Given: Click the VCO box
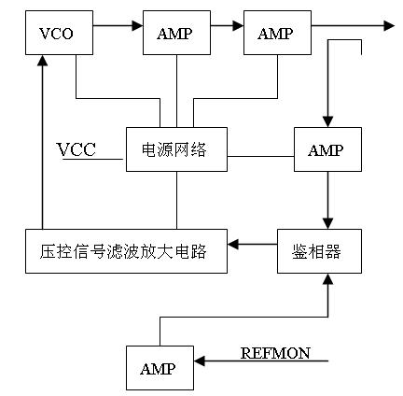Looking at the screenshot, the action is click(x=59, y=33).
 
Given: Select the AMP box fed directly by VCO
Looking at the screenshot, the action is click(x=176, y=33).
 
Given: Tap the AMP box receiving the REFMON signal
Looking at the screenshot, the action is click(x=160, y=368).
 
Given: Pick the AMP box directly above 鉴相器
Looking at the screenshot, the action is click(x=327, y=149).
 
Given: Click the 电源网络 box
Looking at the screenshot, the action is click(x=176, y=149).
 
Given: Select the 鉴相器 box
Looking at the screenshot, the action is click(x=319, y=251).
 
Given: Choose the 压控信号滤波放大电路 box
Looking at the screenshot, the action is click(x=126, y=251).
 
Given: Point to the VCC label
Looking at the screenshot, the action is click(x=76, y=149).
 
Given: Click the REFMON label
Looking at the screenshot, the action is click(x=275, y=353).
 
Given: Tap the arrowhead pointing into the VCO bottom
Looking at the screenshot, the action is click(x=42, y=60).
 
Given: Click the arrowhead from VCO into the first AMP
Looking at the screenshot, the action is click(x=137, y=25).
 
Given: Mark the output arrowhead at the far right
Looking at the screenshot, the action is click(x=389, y=25).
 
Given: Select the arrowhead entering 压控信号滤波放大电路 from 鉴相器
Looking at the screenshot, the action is click(x=233, y=244).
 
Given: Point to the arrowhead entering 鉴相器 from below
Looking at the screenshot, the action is click(x=327, y=279).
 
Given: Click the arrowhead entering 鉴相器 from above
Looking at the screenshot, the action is click(x=327, y=224).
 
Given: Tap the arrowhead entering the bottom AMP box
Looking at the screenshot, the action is click(x=200, y=361).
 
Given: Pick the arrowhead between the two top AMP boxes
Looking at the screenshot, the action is click(x=238, y=25).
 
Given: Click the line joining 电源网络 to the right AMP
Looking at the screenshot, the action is click(x=260, y=156).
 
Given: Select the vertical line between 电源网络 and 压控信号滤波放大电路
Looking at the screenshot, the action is click(x=176, y=200).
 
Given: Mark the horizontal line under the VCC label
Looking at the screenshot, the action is click(x=92, y=159).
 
